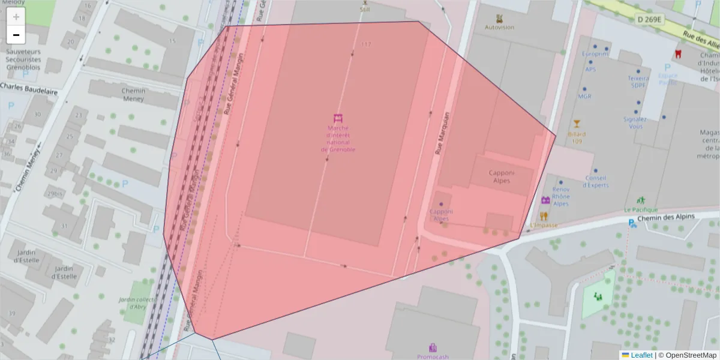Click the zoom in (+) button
(16, 17)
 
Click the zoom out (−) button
(16, 35)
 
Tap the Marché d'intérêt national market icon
(338, 118)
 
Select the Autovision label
(499, 27)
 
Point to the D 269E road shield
(649, 20)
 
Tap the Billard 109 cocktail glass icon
(577, 124)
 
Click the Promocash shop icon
(433, 347)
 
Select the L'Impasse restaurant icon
(544, 216)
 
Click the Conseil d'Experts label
(595, 181)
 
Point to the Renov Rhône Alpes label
(561, 196)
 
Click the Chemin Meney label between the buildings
(133, 95)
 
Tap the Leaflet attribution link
(641, 355)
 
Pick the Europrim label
(595, 54)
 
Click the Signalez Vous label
(635, 122)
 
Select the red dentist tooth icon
(678, 53)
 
